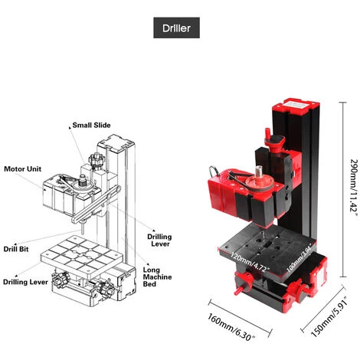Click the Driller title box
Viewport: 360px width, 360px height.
point(176,28)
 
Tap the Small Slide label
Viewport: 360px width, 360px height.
point(91,125)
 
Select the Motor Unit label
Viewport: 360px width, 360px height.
point(22,169)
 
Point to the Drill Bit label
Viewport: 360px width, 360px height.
point(16,249)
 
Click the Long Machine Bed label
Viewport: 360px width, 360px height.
point(157,277)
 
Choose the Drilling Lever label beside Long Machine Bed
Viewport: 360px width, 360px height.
point(159,241)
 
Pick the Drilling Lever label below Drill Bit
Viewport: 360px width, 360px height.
point(25,282)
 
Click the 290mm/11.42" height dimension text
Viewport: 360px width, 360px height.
point(354,188)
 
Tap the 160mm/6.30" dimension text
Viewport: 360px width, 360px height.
point(231,327)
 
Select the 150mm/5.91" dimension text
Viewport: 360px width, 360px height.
point(329,316)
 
